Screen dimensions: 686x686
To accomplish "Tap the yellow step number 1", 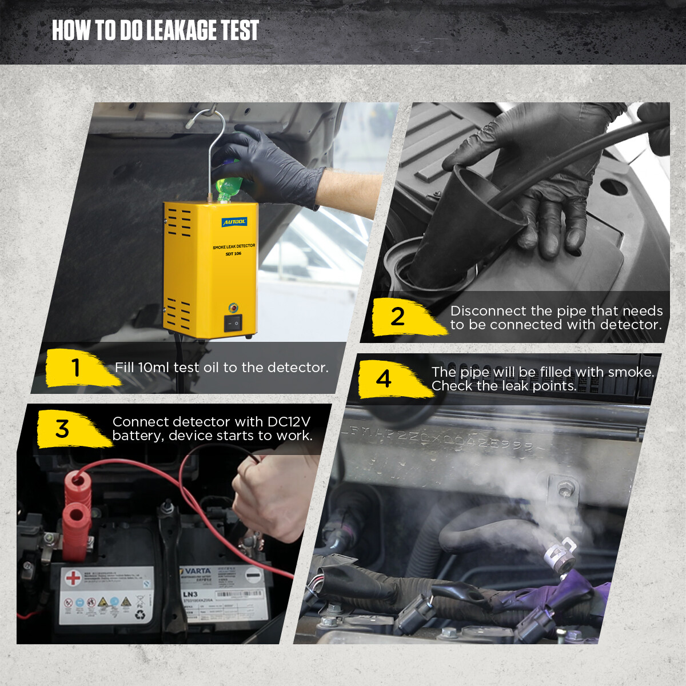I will [x=75, y=368].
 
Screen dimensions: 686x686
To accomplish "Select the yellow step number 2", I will [x=397, y=317].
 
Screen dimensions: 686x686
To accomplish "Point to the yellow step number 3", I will [x=62, y=429].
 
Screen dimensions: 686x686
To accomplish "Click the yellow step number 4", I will [x=384, y=379].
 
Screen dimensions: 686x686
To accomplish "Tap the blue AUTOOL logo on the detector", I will [x=234, y=221].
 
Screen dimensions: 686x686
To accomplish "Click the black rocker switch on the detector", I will [x=233, y=323].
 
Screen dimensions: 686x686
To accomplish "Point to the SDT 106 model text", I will [x=233, y=254].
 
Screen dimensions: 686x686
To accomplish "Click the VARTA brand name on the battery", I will [x=197, y=571].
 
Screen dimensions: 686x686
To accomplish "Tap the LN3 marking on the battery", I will [x=190, y=595].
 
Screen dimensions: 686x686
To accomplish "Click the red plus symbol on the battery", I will [x=73, y=578].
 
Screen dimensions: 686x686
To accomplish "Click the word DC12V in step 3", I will [x=289, y=422].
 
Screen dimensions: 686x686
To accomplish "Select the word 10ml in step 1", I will [x=153, y=368].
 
